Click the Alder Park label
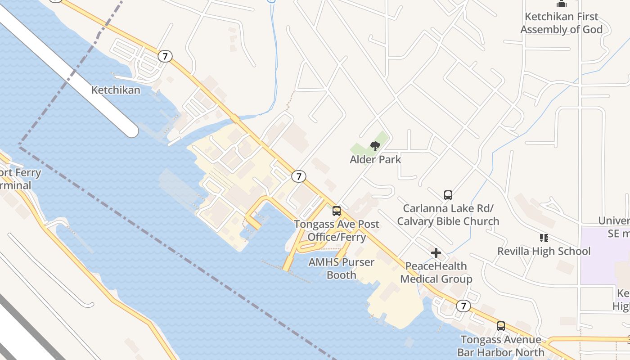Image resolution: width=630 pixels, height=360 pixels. (x=375, y=159)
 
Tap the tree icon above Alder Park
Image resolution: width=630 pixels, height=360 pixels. (x=375, y=146)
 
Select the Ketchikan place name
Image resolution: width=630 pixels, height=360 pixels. (x=116, y=90)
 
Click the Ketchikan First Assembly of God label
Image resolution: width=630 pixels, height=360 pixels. (x=561, y=23)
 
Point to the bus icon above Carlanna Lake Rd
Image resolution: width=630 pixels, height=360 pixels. (x=448, y=195)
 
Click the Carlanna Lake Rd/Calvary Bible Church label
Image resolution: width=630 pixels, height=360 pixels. (x=448, y=215)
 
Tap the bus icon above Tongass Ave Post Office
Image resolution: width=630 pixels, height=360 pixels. (x=337, y=211)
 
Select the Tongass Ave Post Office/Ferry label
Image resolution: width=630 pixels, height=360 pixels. (x=337, y=230)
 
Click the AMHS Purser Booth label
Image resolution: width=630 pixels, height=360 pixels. (x=342, y=269)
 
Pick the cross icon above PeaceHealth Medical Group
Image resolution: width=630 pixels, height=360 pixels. (x=436, y=253)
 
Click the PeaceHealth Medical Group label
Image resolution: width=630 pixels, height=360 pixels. (x=436, y=273)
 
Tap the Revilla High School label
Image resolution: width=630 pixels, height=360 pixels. (x=544, y=251)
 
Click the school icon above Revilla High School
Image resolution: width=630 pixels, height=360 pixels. (x=544, y=238)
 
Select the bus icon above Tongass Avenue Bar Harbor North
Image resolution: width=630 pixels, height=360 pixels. (x=501, y=326)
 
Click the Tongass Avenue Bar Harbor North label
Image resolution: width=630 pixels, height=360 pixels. (x=501, y=346)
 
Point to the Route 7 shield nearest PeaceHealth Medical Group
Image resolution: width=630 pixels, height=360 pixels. (x=463, y=306)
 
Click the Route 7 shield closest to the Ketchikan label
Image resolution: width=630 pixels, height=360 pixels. (x=165, y=56)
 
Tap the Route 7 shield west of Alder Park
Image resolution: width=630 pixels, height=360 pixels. (x=298, y=176)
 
